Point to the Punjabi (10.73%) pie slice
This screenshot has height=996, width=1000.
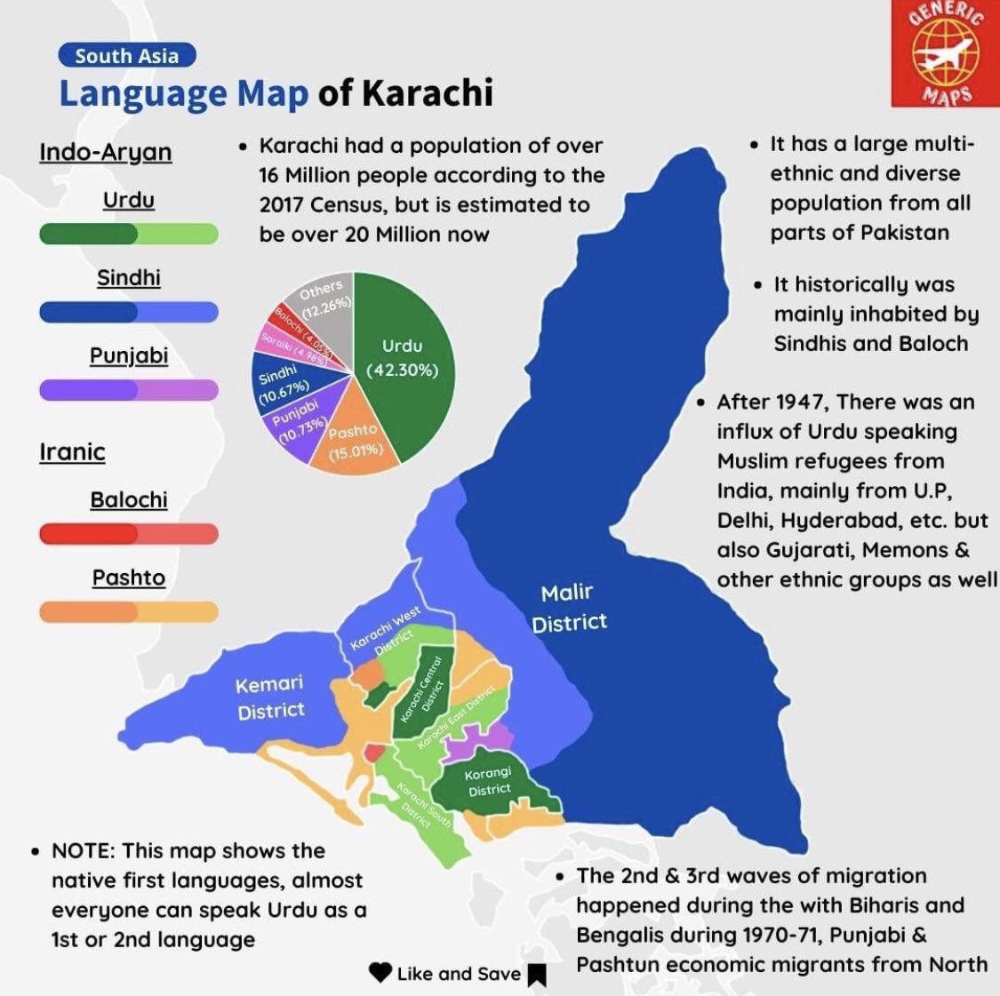[298, 424]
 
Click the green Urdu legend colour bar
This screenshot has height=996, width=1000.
[129, 234]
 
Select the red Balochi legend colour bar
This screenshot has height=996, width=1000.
[129, 534]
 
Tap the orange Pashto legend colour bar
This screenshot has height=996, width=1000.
[129, 612]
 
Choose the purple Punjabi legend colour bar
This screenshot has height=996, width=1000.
[129, 390]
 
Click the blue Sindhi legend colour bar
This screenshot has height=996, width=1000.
[129, 312]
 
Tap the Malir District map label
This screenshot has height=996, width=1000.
[569, 608]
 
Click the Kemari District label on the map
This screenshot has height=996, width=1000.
[270, 697]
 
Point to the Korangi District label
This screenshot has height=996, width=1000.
[489, 782]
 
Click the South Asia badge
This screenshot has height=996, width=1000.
[126, 56]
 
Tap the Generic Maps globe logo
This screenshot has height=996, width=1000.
[945, 52]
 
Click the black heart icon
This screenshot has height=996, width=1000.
[380, 973]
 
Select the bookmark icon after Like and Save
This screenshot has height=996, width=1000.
[536, 976]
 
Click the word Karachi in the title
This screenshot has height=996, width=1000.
[428, 93]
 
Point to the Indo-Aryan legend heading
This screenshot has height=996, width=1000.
[105, 152]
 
